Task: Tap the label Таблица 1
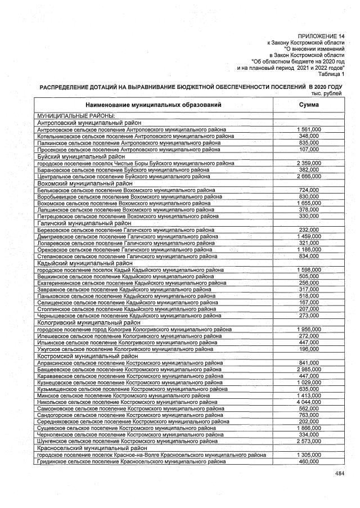(331, 74)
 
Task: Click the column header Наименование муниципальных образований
(154, 105)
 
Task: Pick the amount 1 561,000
(309, 129)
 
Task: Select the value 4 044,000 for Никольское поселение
(309, 403)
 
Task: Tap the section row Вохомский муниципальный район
(84, 183)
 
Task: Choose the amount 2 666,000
(309, 177)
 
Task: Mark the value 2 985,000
(309, 369)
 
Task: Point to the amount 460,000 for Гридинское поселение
(309, 461)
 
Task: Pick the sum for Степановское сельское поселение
(309, 257)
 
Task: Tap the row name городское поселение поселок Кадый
(129, 270)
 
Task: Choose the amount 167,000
(309, 302)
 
